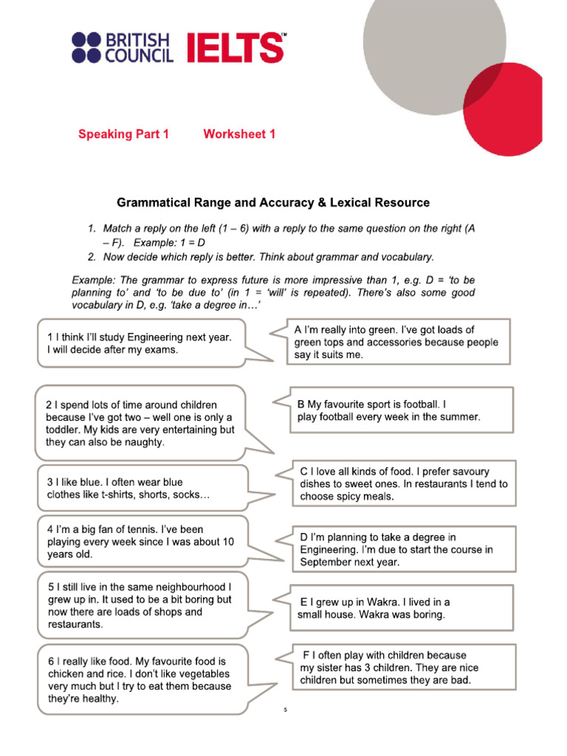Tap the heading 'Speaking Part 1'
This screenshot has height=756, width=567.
coord(123,134)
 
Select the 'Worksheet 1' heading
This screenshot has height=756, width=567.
coord(239,134)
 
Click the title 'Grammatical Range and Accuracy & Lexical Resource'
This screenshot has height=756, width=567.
coord(272,202)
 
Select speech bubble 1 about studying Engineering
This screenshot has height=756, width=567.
coord(140,343)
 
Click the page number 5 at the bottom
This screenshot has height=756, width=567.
coord(284,710)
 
